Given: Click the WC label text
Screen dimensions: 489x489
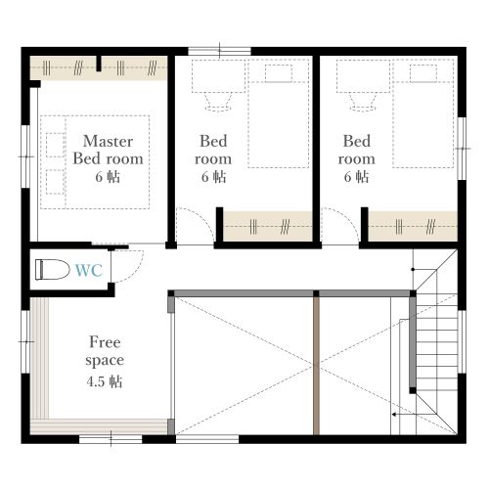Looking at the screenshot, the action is coord(89,270).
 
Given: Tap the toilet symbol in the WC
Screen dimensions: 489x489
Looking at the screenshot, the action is coord(53,270).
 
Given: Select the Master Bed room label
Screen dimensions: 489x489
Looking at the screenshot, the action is coord(108,150).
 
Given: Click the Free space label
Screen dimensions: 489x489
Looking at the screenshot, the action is coord(105,351).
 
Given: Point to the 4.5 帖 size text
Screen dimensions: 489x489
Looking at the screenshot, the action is coord(105,381).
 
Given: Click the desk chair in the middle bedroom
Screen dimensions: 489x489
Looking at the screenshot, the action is coord(218,102).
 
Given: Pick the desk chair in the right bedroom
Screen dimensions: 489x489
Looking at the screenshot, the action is coord(363,102).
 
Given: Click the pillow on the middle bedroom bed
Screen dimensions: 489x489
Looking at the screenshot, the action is coord(279,73).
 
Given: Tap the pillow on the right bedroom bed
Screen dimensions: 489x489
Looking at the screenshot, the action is coord(423,73).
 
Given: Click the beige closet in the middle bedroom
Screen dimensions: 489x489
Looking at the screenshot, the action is coord(268,226).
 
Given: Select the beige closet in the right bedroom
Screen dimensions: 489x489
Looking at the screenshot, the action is coord(413,226).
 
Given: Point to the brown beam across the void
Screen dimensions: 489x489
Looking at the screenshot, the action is coord(316,366).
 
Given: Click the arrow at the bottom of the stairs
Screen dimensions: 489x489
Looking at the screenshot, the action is coord(414,415).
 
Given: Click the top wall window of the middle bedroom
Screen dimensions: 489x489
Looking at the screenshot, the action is coord(219,51).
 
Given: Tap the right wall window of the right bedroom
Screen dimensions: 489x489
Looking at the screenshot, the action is coord(462,149).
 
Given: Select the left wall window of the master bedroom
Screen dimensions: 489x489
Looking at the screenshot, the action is coord(25,156).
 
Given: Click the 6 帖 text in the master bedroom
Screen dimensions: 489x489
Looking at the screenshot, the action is coord(108,177).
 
